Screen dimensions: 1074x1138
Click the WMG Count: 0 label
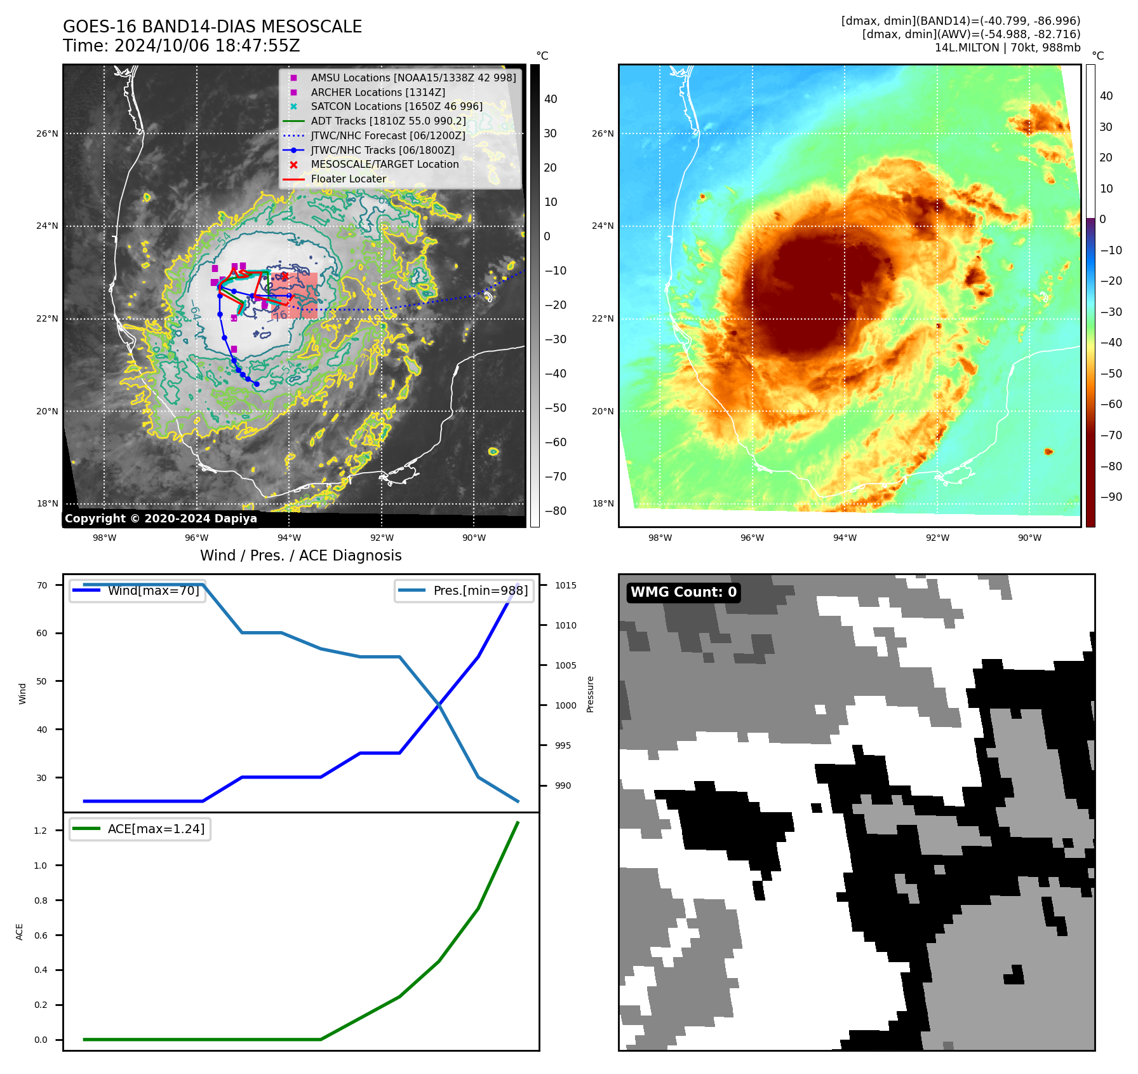tap(683, 592)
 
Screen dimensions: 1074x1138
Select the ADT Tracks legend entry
tap(388, 121)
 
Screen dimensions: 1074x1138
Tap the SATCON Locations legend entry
tap(396, 106)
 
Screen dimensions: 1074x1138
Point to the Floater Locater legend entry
tap(348, 179)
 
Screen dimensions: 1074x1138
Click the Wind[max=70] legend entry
tap(153, 590)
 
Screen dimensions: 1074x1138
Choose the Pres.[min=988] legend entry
tap(480, 590)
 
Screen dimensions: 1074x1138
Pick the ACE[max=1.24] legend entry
tap(156, 829)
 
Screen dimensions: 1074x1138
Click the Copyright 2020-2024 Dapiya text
tap(161, 519)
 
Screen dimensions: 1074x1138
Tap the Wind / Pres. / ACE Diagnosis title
tap(300, 555)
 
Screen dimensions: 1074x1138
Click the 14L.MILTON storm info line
tap(1007, 48)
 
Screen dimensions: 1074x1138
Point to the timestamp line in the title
tap(181, 46)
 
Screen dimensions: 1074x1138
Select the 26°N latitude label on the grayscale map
tap(47, 133)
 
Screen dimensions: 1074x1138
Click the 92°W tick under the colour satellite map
tap(937, 538)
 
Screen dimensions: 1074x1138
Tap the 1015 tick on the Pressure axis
tap(565, 585)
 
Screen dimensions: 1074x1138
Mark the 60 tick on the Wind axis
tap(42, 633)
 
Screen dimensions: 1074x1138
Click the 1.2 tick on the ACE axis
tap(41, 831)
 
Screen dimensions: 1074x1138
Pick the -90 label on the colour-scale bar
tap(1111, 497)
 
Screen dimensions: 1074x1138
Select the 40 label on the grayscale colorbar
tap(551, 99)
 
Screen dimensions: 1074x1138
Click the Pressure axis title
tap(590, 694)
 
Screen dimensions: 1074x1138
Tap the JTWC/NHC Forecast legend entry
tap(387, 135)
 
